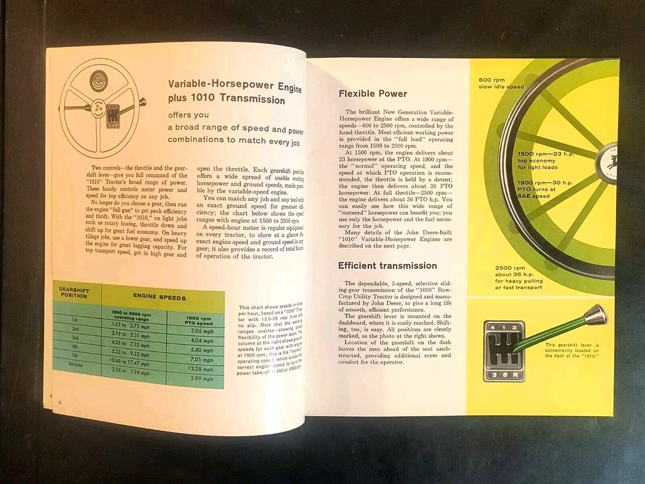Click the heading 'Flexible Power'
[x=373, y=93]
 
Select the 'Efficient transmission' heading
[x=387, y=266]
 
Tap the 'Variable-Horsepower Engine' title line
[x=234, y=88]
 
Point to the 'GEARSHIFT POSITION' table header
[x=74, y=294]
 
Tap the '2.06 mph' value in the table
[x=202, y=331]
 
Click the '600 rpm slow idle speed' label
[x=501, y=83]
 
